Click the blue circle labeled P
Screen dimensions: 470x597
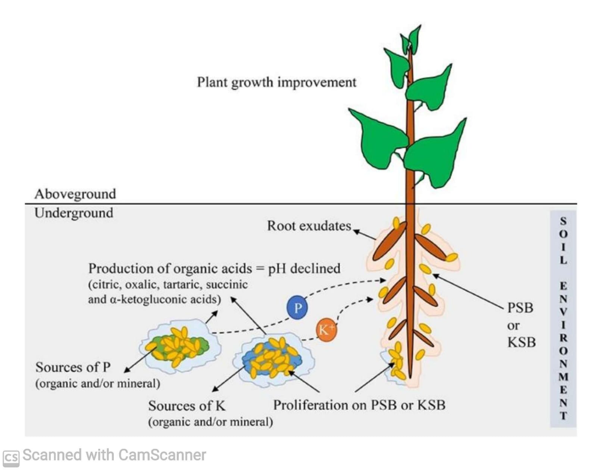pos(297,308)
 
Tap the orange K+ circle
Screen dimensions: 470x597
pos(326,330)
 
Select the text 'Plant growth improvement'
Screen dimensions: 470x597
pos(276,82)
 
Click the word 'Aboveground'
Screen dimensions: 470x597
pos(75,194)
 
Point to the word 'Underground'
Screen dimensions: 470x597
pos(74,213)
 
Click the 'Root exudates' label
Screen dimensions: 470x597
pos(309,226)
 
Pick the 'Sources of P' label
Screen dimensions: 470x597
pos(73,367)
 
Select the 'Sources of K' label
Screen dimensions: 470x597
pos(187,406)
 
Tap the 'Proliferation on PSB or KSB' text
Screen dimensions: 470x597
pos(359,405)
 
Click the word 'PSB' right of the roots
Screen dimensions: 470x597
pos(520,308)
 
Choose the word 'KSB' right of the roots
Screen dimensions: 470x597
pos(521,342)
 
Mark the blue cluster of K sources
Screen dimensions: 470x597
pos(272,359)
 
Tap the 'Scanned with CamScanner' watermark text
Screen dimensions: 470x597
pos(114,455)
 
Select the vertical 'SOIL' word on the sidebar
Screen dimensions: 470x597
pos(563,241)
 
